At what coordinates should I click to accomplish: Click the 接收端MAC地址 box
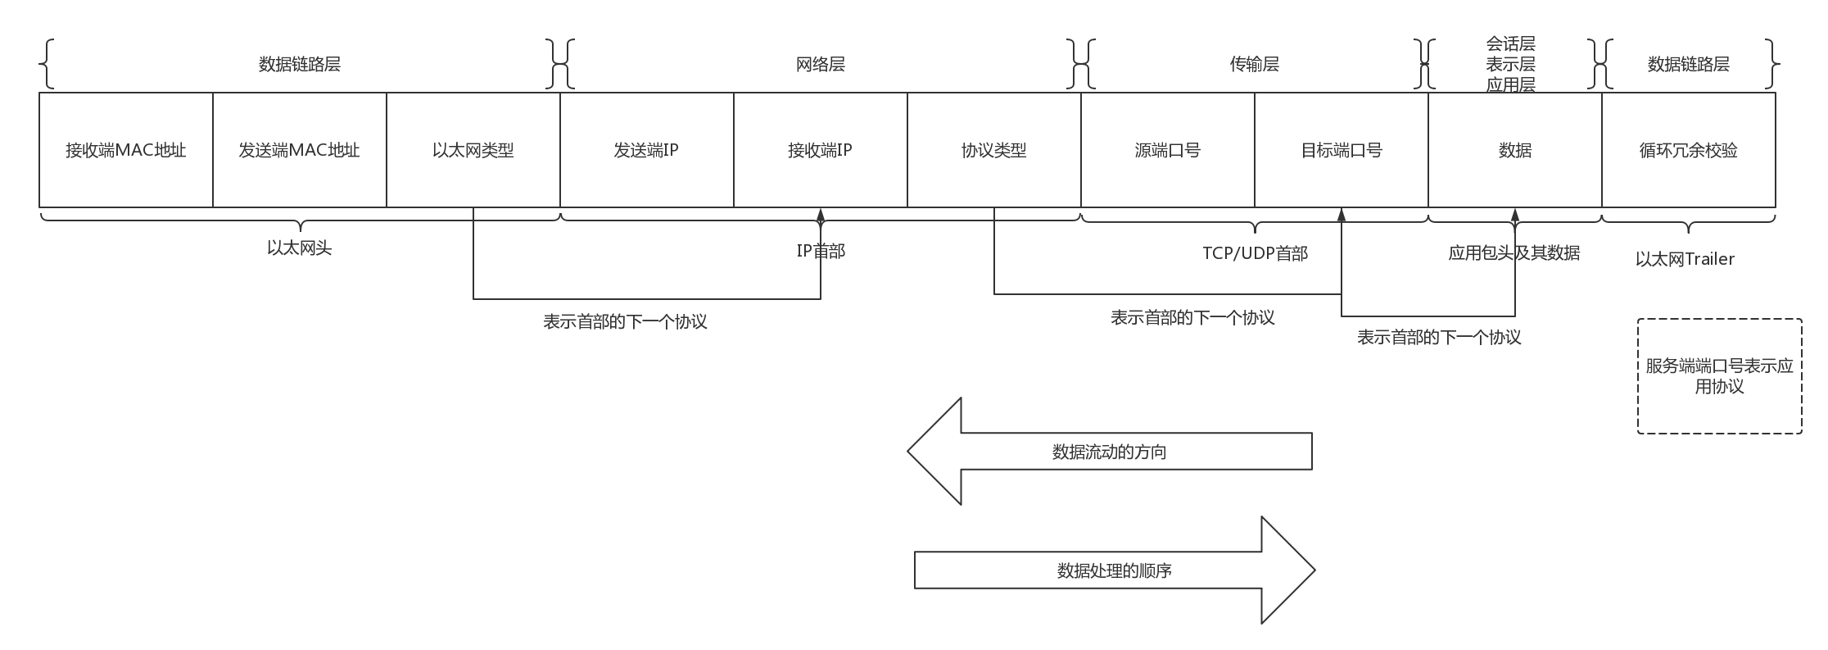126,150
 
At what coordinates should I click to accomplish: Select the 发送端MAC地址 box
300,150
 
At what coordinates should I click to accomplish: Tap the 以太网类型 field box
473,150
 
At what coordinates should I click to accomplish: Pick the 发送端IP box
647,150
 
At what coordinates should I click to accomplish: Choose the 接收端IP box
821,150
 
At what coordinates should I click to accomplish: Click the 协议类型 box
994,150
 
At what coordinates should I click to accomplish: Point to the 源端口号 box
1168,150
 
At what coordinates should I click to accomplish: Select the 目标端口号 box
1342,150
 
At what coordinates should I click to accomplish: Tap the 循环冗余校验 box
1689,150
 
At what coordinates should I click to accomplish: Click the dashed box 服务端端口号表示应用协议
1719,376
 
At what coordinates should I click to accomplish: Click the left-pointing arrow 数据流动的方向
1110,452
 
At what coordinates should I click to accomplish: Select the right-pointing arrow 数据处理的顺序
1115,570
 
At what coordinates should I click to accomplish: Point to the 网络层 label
821,64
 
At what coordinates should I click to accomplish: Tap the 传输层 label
1254,64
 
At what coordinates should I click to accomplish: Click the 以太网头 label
300,248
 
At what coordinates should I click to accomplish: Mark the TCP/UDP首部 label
1255,253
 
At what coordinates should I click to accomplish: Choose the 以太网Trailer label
1685,259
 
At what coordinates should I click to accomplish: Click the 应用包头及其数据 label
1514,253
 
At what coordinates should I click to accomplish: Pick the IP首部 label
821,251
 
